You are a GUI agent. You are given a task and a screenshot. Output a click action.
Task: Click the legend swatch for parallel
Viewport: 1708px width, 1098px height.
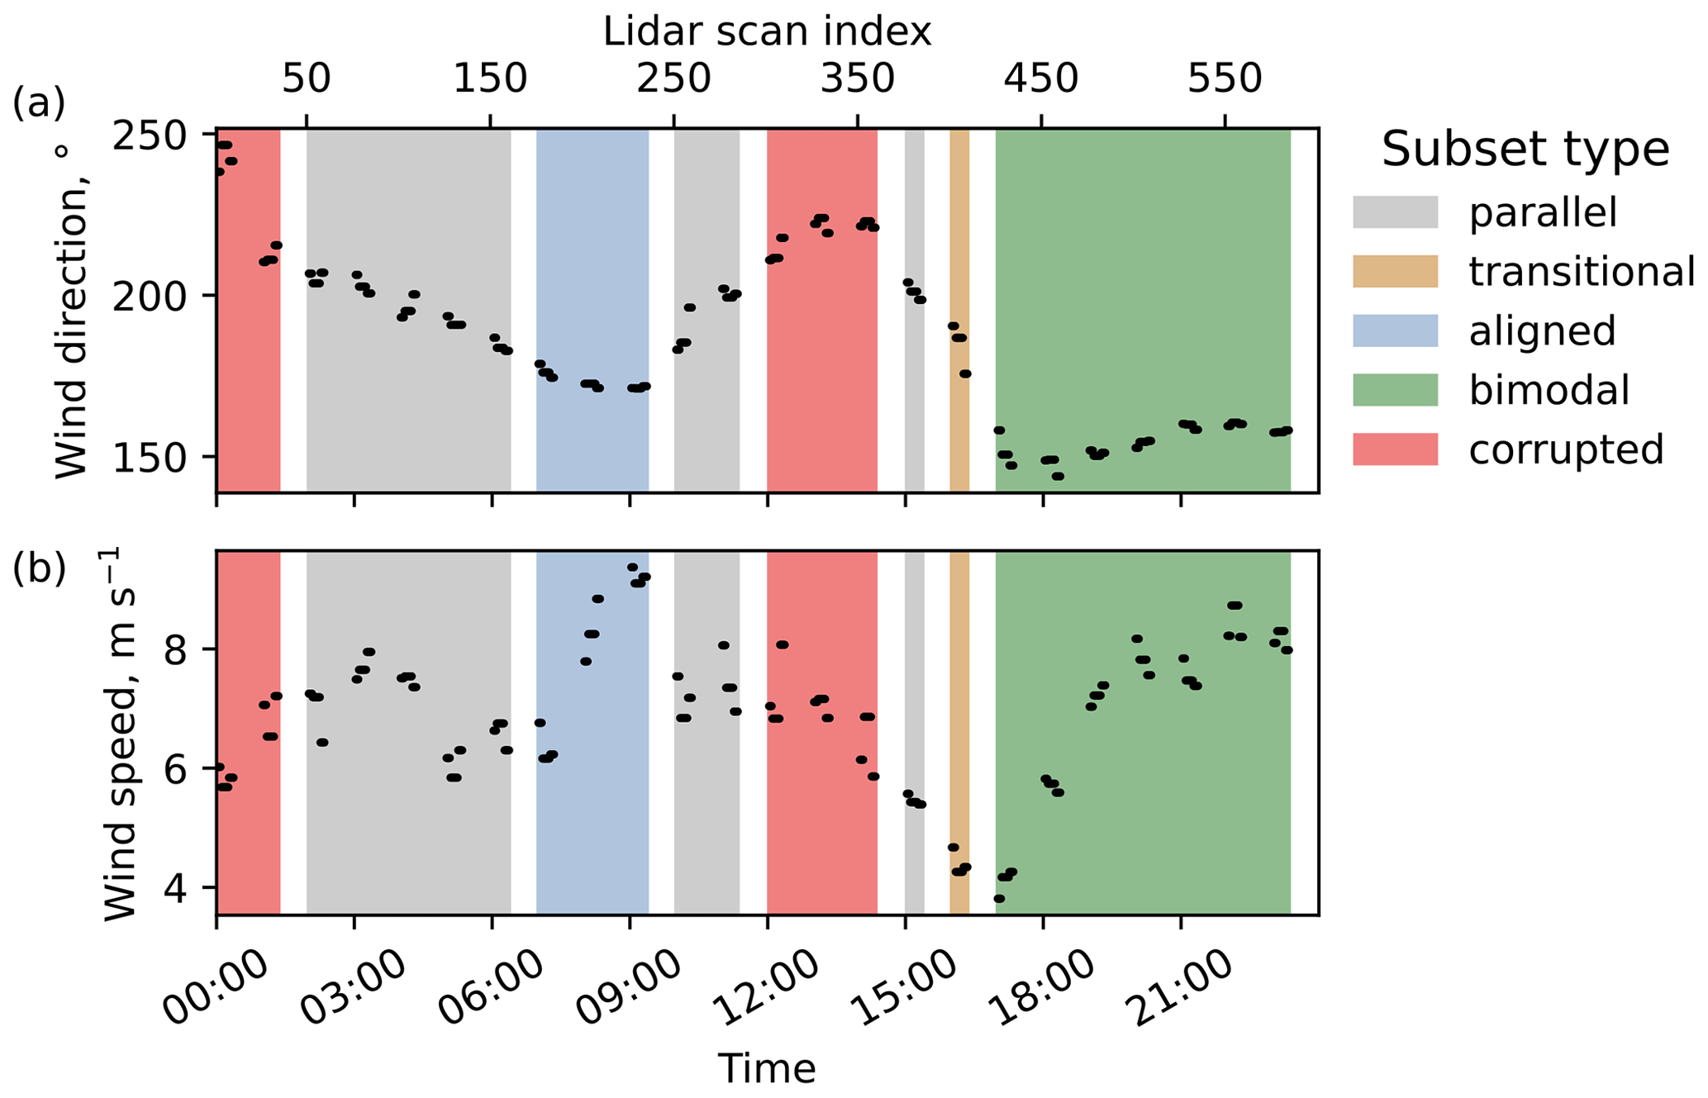point(1395,212)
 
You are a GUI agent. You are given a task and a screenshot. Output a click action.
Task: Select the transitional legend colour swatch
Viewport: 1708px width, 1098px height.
point(1395,271)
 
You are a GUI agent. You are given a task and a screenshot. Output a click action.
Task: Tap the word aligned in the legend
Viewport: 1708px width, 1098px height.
point(1542,330)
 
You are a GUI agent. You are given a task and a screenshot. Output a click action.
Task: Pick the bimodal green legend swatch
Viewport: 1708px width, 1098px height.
point(1395,390)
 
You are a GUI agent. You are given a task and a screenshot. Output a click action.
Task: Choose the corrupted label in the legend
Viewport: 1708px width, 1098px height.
point(1566,449)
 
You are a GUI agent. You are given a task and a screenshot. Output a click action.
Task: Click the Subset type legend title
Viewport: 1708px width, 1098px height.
point(1525,150)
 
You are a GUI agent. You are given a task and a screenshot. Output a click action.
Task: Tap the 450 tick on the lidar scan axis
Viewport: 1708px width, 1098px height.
point(1041,79)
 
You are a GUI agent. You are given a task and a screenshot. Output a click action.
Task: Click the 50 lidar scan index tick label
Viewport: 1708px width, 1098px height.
point(307,79)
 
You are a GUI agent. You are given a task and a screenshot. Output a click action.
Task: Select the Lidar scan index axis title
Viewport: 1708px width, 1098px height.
point(767,32)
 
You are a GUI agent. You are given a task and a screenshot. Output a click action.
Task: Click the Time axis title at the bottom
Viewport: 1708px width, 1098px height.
point(767,1068)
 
